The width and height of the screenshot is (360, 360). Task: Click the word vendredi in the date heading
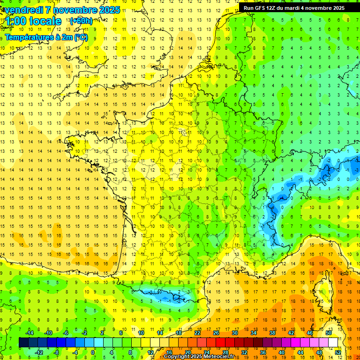(25, 10)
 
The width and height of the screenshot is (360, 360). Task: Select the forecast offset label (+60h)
(81, 21)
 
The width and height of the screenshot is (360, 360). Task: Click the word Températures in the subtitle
(27, 37)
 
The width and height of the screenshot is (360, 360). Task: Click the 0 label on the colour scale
(93, 352)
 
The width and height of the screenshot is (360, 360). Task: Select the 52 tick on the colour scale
(337, 352)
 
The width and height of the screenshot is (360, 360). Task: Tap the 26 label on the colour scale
(216, 333)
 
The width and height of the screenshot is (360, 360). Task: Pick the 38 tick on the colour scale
(272, 333)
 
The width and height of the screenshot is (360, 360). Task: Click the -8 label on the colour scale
(56, 352)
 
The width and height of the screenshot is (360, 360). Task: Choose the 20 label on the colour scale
(187, 352)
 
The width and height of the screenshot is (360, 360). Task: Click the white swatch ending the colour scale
(333, 342)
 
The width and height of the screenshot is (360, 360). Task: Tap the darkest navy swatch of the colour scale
(23, 342)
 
